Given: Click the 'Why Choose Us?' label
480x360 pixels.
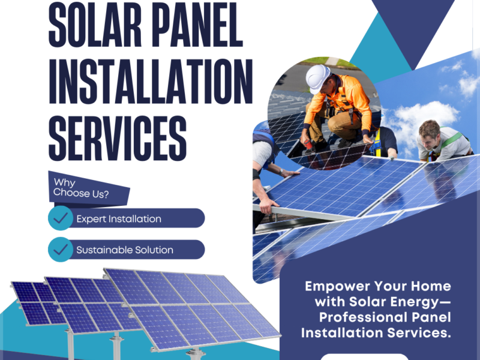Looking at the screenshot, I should tap(82, 187).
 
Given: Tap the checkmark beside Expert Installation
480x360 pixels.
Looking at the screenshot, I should tap(61, 219).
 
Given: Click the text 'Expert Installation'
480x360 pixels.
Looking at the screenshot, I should tap(119, 219).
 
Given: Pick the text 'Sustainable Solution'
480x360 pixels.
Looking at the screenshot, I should tap(125, 250).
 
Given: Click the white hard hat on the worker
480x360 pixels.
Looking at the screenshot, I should tap(317, 77).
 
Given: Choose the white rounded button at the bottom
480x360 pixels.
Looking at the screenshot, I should tap(364, 356).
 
